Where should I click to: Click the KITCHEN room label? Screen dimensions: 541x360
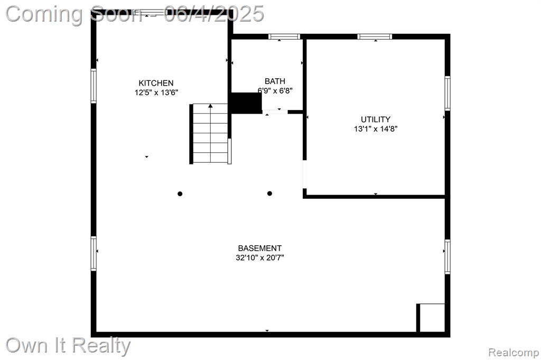click(x=156, y=83)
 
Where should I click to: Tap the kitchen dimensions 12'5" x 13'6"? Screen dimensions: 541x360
click(x=156, y=93)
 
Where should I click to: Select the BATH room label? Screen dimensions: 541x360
click(x=275, y=81)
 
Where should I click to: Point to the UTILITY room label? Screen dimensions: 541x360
click(x=376, y=119)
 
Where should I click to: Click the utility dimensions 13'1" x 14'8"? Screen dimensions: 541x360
click(x=376, y=129)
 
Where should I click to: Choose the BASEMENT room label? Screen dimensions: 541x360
click(x=260, y=248)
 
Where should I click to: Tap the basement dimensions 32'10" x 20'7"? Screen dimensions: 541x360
click(x=260, y=257)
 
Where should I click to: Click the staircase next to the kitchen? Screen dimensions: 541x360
click(x=210, y=133)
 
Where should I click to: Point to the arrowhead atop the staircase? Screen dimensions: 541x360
click(x=210, y=106)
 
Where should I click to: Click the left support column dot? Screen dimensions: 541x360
click(x=180, y=193)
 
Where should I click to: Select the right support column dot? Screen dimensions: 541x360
click(x=269, y=193)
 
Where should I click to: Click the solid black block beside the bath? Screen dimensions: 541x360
click(x=246, y=103)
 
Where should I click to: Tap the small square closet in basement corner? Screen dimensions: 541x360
click(x=431, y=318)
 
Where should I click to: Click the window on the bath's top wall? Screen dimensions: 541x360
click(x=284, y=36)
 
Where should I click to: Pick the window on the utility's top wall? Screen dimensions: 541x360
click(x=375, y=36)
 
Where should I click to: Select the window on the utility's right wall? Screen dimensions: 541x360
click(x=447, y=93)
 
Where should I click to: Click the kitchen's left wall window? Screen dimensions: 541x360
click(x=94, y=86)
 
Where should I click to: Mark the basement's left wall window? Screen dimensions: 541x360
click(x=94, y=253)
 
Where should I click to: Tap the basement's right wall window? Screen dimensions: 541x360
click(x=447, y=257)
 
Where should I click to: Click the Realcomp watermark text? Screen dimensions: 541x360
click(x=514, y=353)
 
